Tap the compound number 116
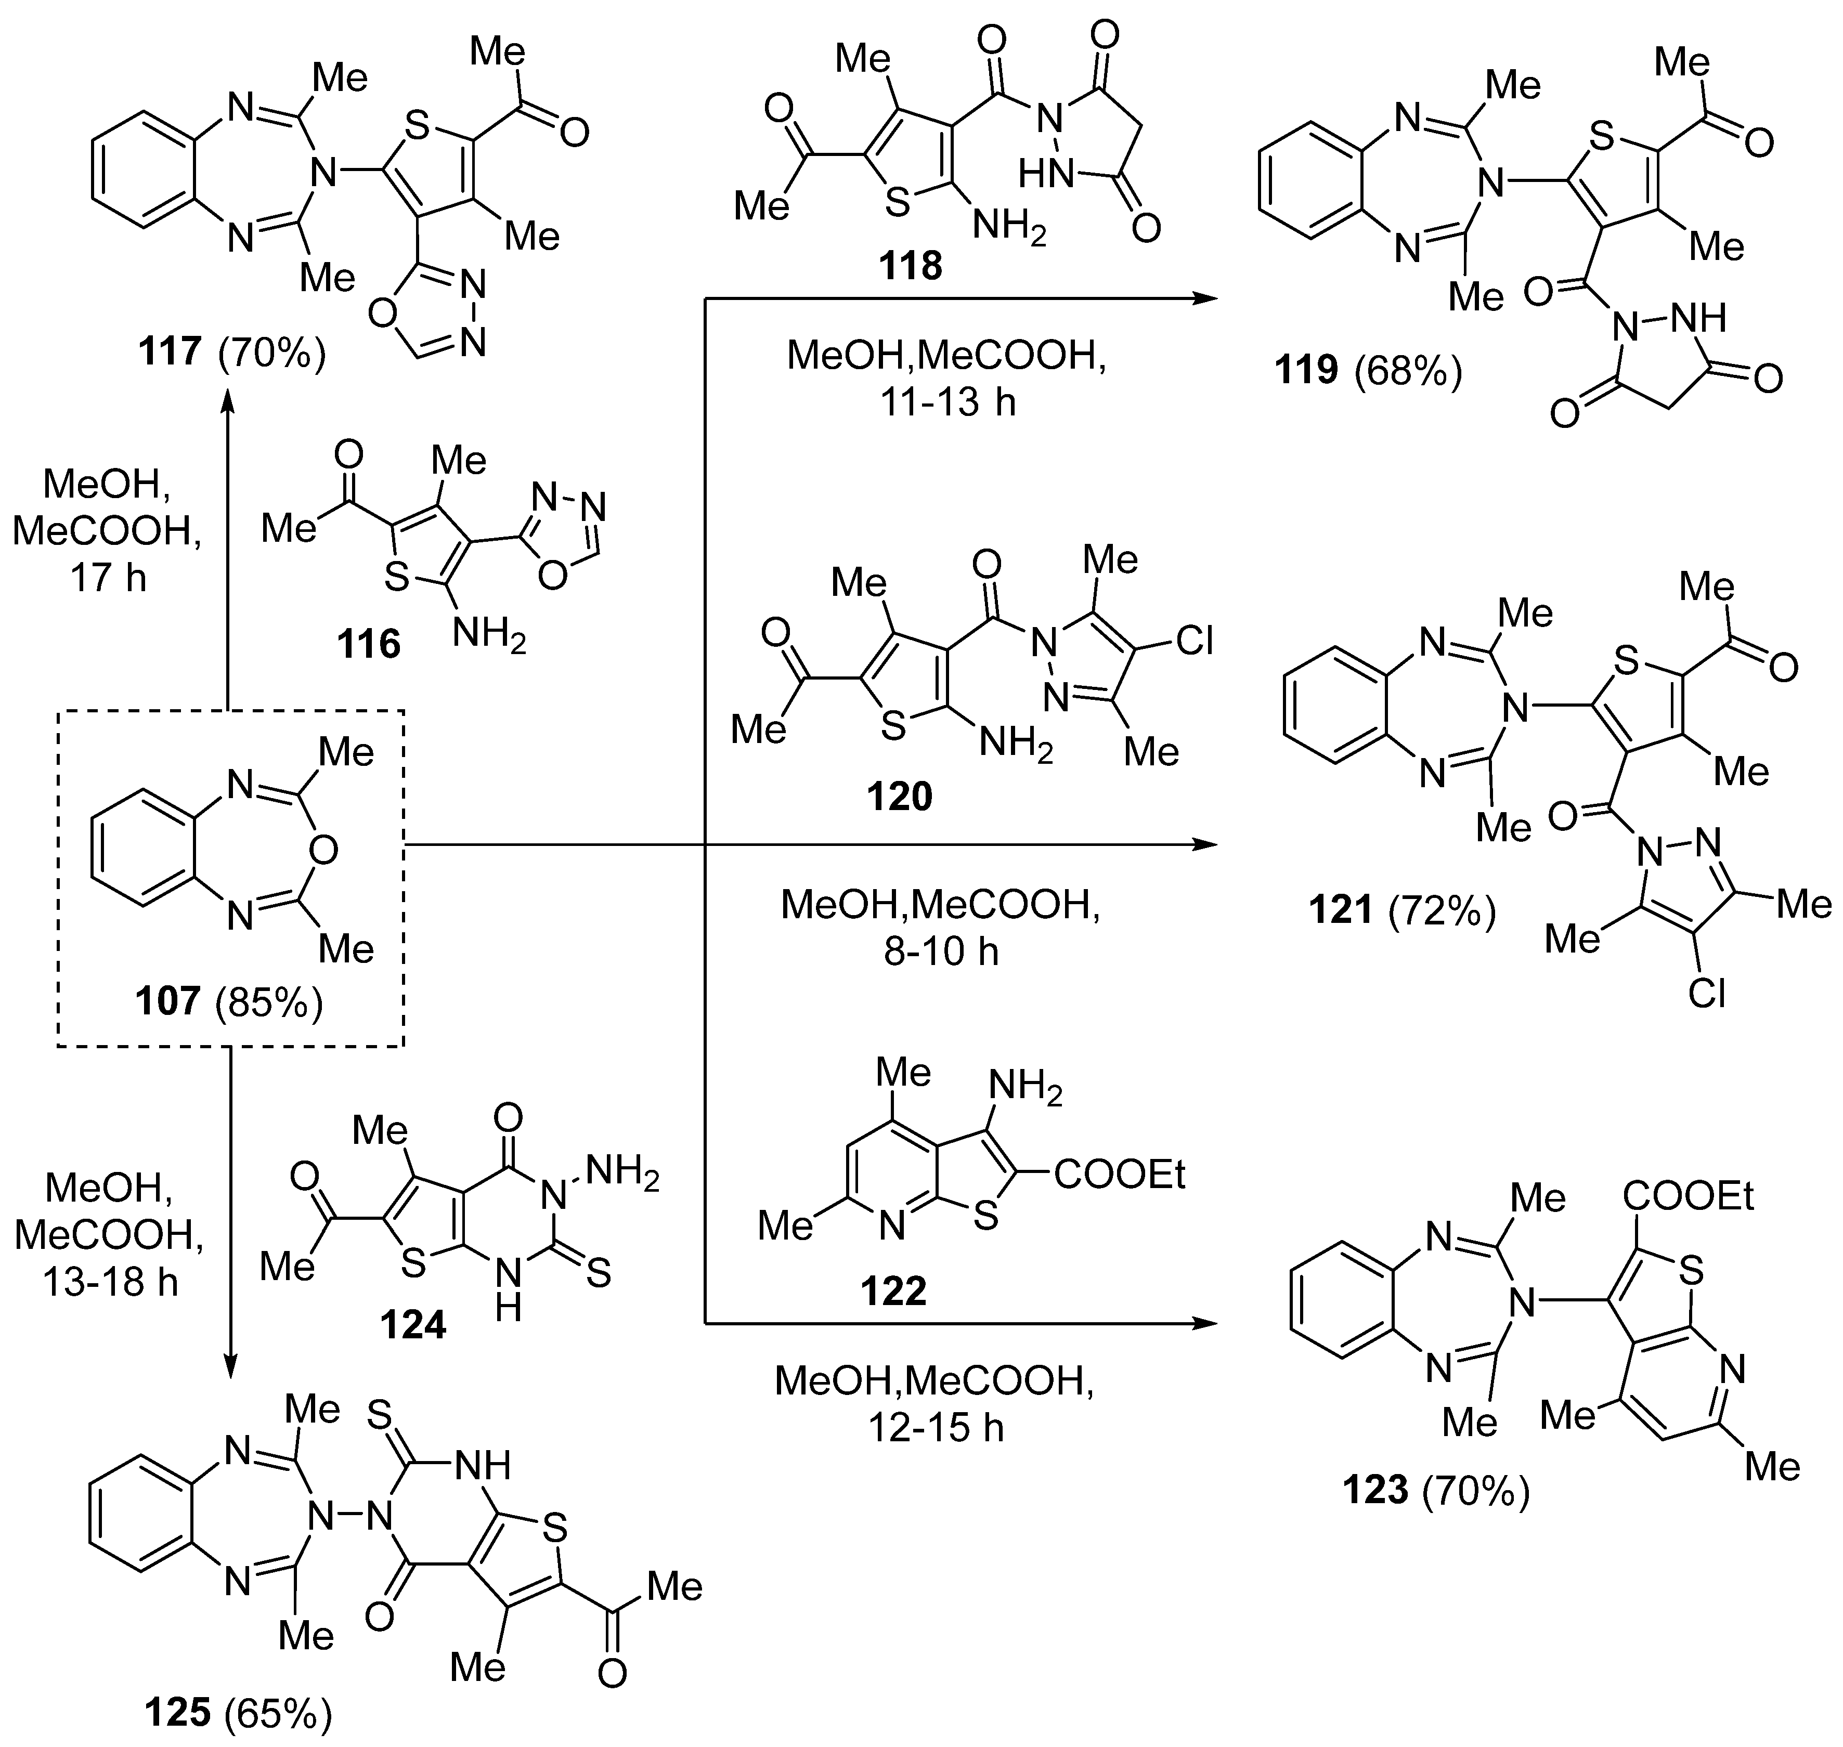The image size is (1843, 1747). pos(369,644)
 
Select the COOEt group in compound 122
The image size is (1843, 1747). pos(1120,1175)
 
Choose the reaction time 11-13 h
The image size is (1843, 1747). pos(947,402)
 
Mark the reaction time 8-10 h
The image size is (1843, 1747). pos(941,951)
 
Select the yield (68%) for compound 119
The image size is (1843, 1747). pos(1408,371)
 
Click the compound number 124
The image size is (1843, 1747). pos(412,1324)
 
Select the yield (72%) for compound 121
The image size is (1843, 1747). pos(1442,911)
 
